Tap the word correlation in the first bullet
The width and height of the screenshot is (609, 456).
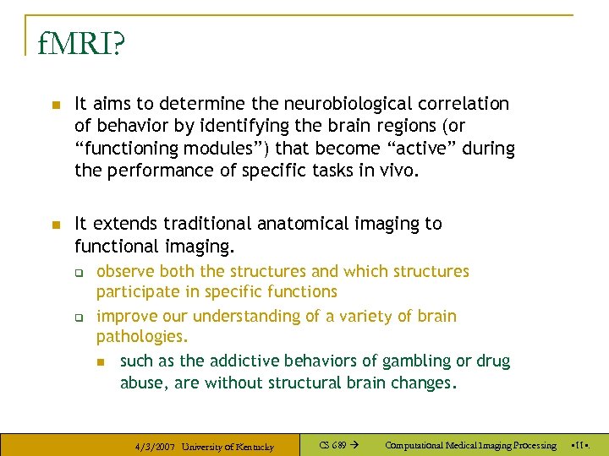(x=464, y=104)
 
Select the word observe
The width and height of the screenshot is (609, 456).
(x=125, y=271)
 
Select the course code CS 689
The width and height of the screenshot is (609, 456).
(x=333, y=445)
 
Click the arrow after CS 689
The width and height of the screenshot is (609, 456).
(x=354, y=445)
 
